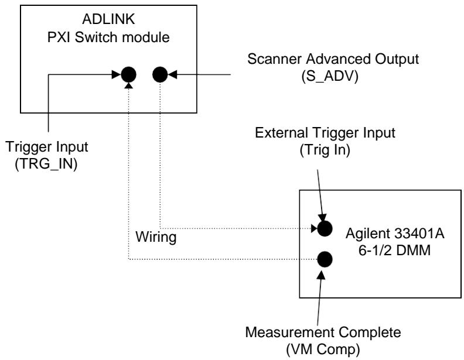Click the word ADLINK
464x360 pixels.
tap(108, 19)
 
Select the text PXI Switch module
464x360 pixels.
tap(108, 37)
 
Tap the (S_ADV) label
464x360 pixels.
tap(330, 77)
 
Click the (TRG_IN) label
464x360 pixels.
tap(46, 164)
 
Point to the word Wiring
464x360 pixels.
tap(156, 237)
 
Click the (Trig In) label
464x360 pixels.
tap(325, 150)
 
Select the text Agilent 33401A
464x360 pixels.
tap(395, 234)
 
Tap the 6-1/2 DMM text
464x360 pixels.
tap(394, 251)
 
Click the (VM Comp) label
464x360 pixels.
tap(323, 349)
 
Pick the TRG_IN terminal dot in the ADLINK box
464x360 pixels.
tap(129, 74)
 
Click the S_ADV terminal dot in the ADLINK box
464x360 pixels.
tap(160, 74)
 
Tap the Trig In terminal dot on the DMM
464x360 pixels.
tap(325, 229)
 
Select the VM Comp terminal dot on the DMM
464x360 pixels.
tap(325, 259)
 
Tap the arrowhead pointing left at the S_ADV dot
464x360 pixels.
tap(172, 74)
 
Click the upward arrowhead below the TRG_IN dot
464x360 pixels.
tap(129, 85)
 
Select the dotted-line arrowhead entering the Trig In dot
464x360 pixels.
tap(314, 228)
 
